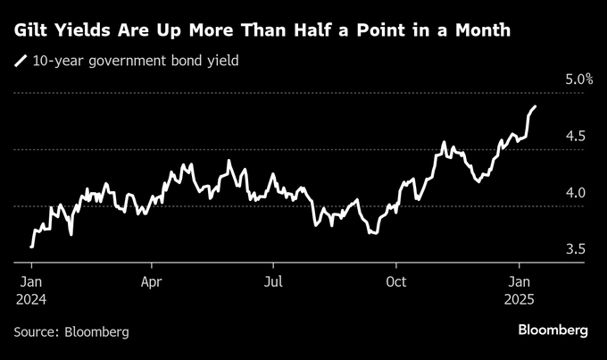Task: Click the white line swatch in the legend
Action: [x=21, y=62]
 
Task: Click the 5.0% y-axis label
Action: [x=579, y=80]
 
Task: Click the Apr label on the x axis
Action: [x=151, y=281]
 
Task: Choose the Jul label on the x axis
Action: [x=273, y=281]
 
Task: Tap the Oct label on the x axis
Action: [x=395, y=281]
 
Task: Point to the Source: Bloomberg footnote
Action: [x=71, y=331]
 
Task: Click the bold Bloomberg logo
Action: [x=553, y=331]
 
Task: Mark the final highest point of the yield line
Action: [x=535, y=107]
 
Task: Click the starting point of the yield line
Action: [x=31, y=247]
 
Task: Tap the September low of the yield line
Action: [x=372, y=232]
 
